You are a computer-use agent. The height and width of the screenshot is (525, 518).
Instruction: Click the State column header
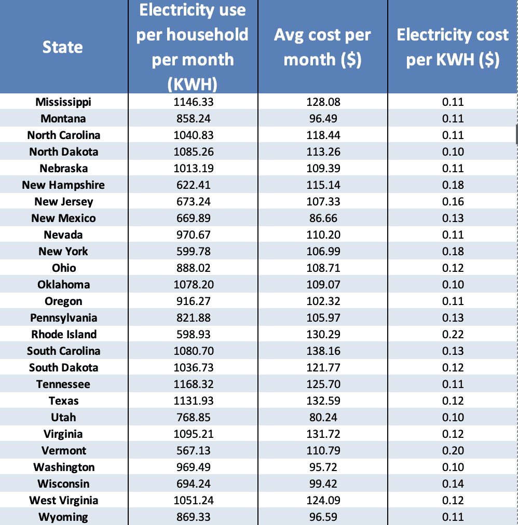pos(63,47)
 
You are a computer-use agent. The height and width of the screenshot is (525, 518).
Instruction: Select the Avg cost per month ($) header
pos(322,47)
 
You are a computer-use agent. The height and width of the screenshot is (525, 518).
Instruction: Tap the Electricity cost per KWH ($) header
pos(453,47)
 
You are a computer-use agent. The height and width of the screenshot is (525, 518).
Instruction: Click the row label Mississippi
pos(63,102)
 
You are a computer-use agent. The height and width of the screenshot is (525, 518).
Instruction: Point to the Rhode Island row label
pos(64,334)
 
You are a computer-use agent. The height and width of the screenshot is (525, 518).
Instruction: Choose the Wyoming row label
pos(63,517)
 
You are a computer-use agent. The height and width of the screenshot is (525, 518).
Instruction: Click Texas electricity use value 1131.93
pos(193,400)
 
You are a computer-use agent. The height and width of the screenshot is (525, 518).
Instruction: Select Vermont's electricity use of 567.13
pos(193,450)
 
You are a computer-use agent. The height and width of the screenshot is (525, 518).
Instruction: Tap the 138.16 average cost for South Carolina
pos(323,351)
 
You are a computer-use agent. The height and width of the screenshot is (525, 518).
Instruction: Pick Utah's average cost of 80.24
pos(323,417)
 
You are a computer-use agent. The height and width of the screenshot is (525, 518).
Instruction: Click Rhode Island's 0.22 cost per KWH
pos(453,334)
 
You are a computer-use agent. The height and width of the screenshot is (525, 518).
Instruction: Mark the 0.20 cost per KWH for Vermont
pos(453,450)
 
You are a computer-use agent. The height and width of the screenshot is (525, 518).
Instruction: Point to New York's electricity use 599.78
pos(193,251)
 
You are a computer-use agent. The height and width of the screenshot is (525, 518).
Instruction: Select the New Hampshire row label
pos(63,185)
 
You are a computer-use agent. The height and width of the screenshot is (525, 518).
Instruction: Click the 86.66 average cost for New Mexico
pos(323,218)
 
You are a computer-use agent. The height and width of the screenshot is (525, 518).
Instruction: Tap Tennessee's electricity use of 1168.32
pos(193,384)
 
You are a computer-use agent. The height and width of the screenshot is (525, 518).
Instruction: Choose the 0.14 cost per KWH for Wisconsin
pos(453,483)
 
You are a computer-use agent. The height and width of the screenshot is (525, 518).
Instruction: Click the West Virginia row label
pos(63,500)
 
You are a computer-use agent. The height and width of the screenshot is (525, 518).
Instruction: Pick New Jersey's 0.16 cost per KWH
pos(453,201)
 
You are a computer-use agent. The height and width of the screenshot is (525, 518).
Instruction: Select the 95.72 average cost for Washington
pos(323,467)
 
